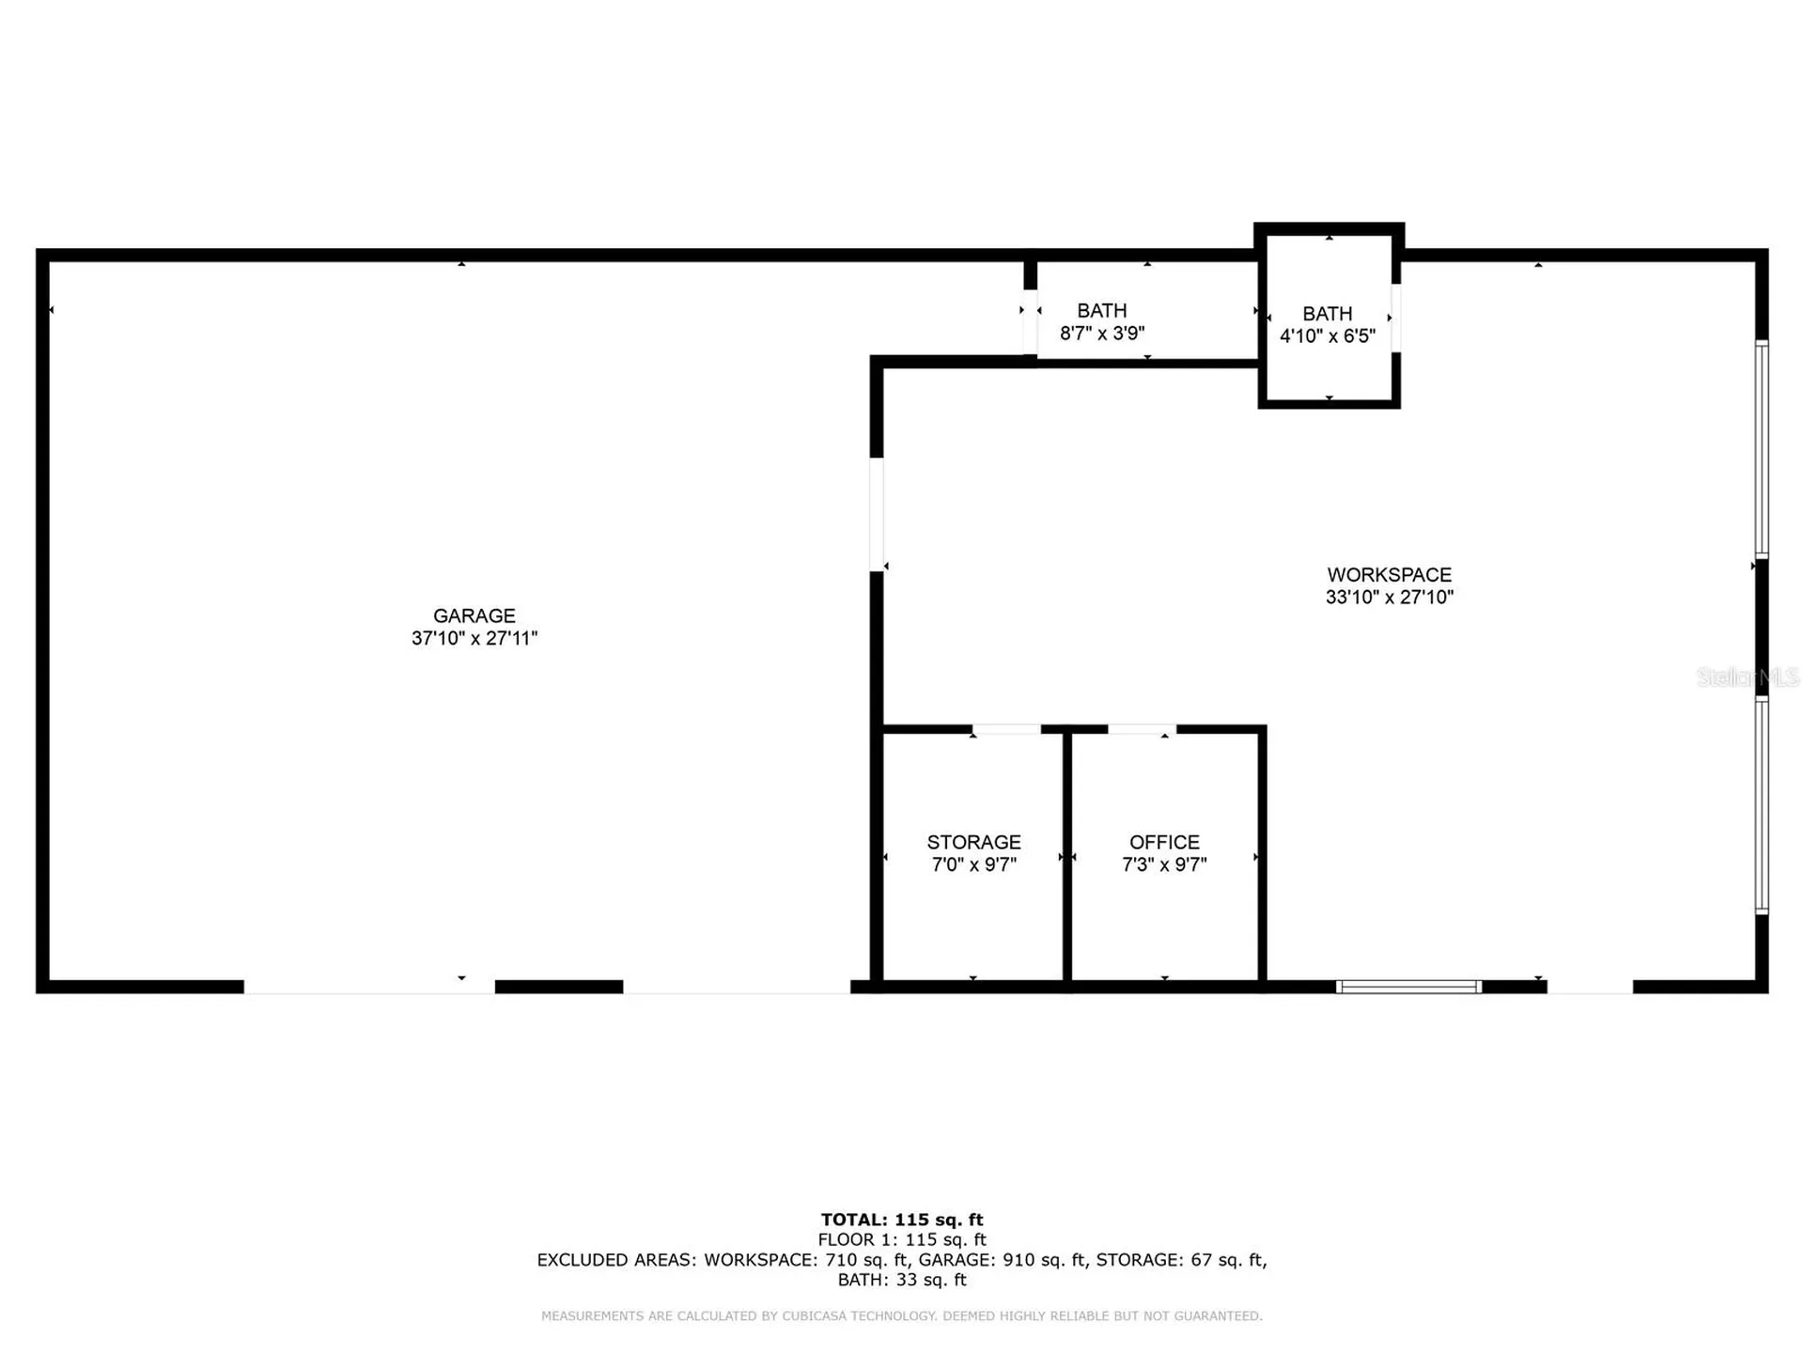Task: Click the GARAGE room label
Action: (x=474, y=615)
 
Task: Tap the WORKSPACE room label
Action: (x=1389, y=574)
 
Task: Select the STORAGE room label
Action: (x=973, y=842)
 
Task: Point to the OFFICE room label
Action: (x=1164, y=842)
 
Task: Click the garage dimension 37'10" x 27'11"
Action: (x=474, y=638)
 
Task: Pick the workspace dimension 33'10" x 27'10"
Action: (x=1389, y=597)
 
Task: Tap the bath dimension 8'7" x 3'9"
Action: (x=1102, y=333)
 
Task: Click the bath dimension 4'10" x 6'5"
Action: (x=1327, y=335)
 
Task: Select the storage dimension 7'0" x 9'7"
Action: (x=973, y=864)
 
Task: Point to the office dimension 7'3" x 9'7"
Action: (x=1164, y=864)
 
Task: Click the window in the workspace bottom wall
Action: (x=1408, y=987)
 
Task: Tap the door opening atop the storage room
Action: (x=1006, y=729)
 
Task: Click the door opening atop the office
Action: (x=1142, y=729)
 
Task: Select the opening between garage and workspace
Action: (x=877, y=514)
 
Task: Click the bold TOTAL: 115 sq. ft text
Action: (x=902, y=1220)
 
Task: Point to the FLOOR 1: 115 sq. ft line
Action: (x=902, y=1239)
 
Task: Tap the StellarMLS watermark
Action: (x=1748, y=676)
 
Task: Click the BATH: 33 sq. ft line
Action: (x=902, y=1280)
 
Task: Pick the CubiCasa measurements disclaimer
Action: (x=902, y=1316)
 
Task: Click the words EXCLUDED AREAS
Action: (x=616, y=1260)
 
